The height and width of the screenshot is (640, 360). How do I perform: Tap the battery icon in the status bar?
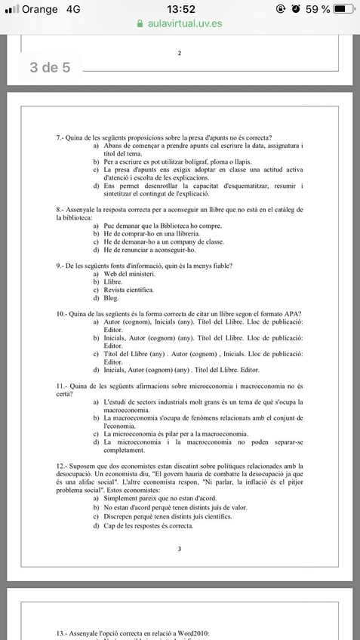pyautogui.click(x=344, y=9)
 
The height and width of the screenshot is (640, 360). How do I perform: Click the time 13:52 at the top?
pyautogui.click(x=180, y=9)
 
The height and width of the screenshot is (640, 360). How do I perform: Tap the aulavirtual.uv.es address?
pyautogui.click(x=184, y=23)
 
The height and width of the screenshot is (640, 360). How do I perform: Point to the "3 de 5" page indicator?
pyautogui.click(x=50, y=68)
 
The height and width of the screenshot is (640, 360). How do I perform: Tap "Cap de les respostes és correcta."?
pyautogui.click(x=149, y=525)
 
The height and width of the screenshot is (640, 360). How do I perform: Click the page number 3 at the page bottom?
pyautogui.click(x=180, y=549)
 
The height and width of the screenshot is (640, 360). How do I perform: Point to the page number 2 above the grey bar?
pyautogui.click(x=180, y=53)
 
